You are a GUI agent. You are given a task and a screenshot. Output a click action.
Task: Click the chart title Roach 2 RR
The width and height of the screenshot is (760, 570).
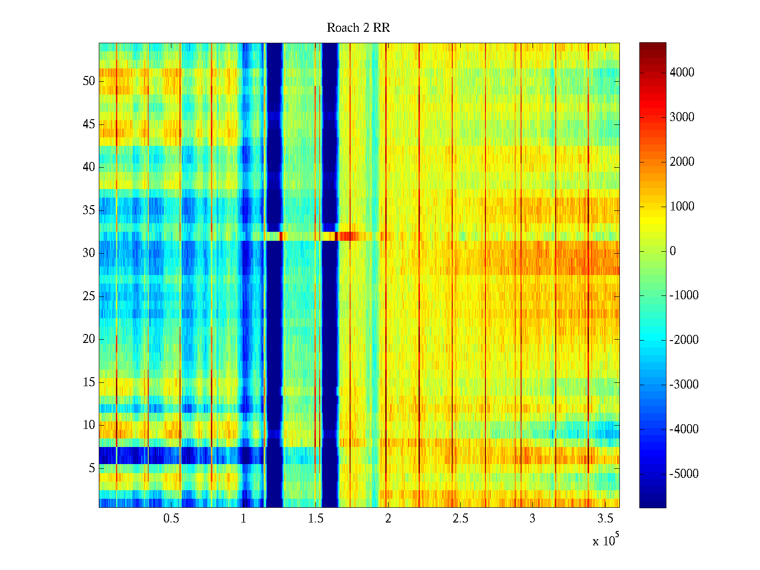coord(358,28)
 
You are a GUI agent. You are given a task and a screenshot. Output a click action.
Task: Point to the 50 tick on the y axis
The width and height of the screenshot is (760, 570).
coord(89,81)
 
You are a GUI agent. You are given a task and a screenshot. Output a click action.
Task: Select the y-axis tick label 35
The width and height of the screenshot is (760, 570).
coord(89,210)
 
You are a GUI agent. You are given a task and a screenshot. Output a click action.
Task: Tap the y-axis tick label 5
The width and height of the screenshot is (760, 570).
coord(92,468)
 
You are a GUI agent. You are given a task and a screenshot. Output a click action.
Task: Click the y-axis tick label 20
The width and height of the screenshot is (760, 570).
coord(89,339)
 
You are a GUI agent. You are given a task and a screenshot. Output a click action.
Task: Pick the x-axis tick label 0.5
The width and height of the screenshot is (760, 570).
coord(171,519)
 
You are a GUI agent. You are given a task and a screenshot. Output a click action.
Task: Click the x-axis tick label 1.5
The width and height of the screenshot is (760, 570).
coord(315,519)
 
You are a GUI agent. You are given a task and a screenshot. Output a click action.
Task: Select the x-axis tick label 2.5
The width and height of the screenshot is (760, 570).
coord(460,519)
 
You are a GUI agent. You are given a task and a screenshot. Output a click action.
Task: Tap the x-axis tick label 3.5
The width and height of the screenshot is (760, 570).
coord(604,519)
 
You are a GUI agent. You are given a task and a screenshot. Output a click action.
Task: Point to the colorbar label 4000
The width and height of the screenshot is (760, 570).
coord(682,73)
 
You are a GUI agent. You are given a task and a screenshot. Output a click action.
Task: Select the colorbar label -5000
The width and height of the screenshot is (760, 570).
coord(684,474)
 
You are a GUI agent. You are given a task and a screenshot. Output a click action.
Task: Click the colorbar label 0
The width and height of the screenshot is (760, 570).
coord(673,251)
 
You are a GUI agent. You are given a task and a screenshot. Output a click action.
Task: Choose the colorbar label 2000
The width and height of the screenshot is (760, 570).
coord(682,162)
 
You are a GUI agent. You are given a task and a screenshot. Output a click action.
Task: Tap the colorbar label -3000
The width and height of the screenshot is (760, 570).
coord(684,385)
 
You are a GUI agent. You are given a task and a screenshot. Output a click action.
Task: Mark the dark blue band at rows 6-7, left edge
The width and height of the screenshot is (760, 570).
coord(107,456)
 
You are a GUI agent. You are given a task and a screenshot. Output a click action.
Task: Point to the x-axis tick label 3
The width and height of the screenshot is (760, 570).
coord(532,519)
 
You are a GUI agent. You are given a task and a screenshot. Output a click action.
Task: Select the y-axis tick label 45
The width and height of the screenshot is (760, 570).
coord(89,124)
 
